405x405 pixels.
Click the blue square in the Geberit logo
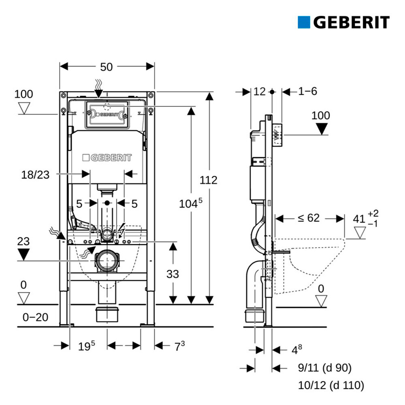point(304,22)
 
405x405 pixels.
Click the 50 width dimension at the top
point(107,67)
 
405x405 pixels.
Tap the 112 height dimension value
point(209,180)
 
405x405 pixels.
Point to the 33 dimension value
point(173,274)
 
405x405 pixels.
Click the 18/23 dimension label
point(35,175)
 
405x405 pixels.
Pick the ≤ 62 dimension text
point(309,218)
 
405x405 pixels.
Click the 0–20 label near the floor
point(35,317)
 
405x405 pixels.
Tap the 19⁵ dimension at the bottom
point(87,346)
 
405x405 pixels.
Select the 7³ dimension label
point(180,346)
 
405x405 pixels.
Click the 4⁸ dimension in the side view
point(297,350)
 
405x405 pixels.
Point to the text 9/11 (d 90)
point(325,368)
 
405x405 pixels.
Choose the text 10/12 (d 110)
point(331,385)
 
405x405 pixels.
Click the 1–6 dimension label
point(307,91)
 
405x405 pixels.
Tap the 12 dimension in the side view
point(259,92)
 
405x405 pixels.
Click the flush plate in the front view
point(107,114)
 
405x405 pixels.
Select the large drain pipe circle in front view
point(107,260)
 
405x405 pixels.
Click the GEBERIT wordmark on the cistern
point(107,158)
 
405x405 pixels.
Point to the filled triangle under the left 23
point(23,254)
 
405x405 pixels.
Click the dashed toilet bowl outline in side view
point(309,266)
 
